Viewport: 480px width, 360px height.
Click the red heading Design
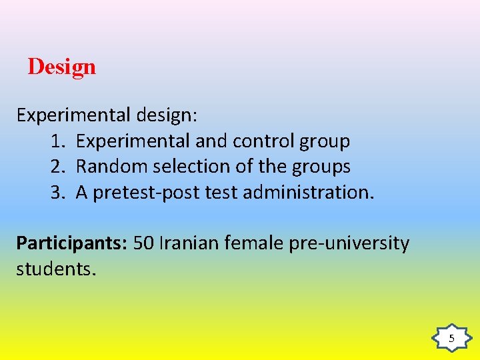pyautogui.click(x=62, y=67)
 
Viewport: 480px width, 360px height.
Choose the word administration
pyautogui.click(x=309, y=193)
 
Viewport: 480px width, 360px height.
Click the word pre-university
pyautogui.click(x=349, y=244)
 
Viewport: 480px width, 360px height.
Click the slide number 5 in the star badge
pyautogui.click(x=451, y=339)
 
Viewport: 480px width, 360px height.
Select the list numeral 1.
pyautogui.click(x=56, y=141)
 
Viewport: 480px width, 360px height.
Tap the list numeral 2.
pyautogui.click(x=56, y=167)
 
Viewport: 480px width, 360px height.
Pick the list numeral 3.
pyautogui.click(x=56, y=193)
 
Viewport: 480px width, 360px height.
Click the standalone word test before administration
pyautogui.click(x=221, y=193)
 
